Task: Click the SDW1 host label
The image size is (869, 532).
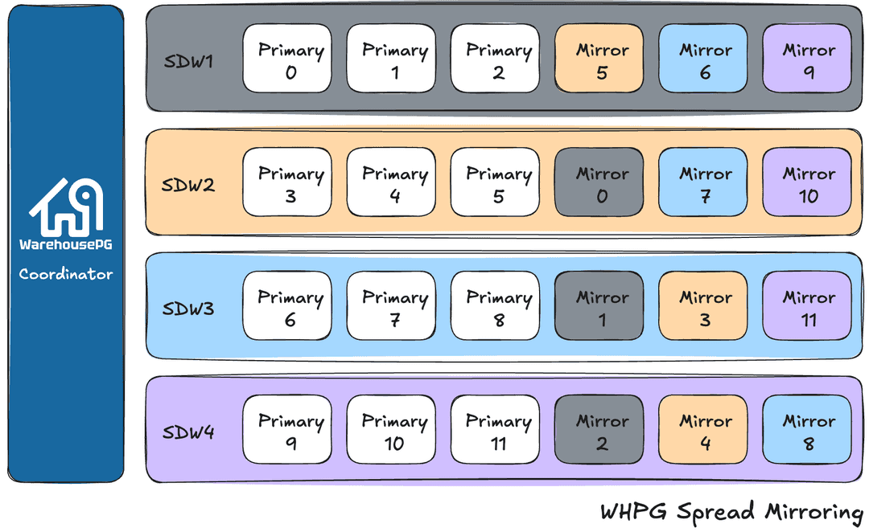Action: (188, 60)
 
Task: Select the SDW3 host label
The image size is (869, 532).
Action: (188, 308)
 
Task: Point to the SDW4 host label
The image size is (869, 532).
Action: (188, 432)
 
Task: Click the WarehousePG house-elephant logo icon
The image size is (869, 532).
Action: (66, 205)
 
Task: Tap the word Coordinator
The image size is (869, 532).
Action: (66, 274)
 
